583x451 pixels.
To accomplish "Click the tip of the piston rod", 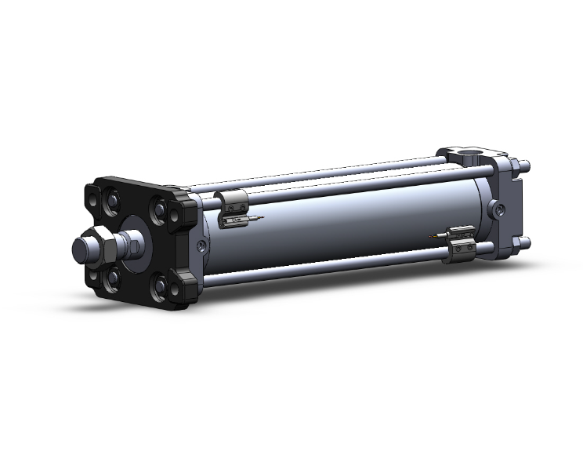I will (x=79, y=249).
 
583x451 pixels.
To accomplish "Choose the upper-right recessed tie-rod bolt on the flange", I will (x=161, y=212).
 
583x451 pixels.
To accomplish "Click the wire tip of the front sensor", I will (x=261, y=216).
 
